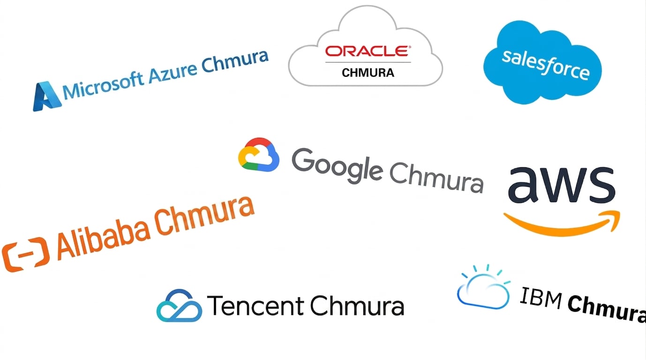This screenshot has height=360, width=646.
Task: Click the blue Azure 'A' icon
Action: click(47, 96)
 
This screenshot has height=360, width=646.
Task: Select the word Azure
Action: click(173, 72)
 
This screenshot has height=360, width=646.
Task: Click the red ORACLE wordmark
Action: click(368, 51)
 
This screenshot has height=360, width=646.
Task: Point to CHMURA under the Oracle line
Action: click(368, 73)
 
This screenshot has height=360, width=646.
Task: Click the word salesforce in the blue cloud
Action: click(546, 65)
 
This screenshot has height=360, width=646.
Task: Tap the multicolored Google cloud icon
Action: click(259, 155)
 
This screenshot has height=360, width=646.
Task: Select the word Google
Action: click(337, 166)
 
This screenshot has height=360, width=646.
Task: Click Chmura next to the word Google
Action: click(436, 177)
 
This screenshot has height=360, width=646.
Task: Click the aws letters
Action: click(562, 185)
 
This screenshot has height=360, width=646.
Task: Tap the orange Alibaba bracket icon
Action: click(26, 255)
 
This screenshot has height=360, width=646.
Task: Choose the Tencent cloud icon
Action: click(179, 306)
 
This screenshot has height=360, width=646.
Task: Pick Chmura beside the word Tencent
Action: click(357, 305)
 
